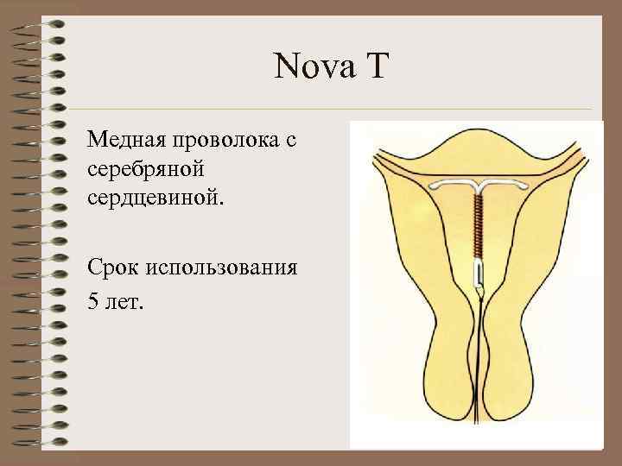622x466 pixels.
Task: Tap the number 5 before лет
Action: [92, 303]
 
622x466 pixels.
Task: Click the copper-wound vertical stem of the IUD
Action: [478, 224]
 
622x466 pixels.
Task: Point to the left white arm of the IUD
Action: [454, 184]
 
